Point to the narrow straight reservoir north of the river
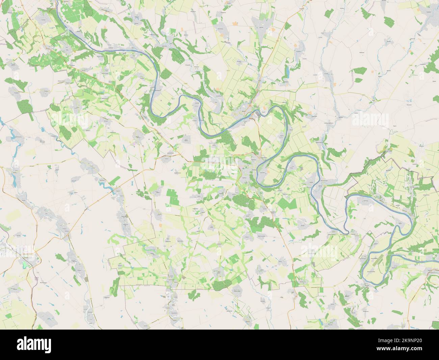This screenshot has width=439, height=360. coord(287,71)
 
